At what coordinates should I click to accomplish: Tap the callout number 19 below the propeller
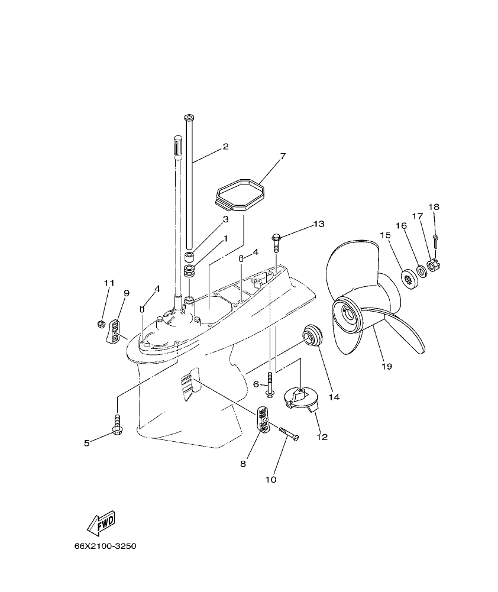pos(387,367)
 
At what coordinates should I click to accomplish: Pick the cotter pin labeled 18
pos(435,240)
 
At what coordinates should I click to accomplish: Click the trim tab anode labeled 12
pos(300,397)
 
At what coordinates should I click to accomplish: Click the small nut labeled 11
pos(101,324)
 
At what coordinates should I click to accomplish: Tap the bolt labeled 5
pos(117,423)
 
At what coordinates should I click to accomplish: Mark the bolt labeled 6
pos(270,386)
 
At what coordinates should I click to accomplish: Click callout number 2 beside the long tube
pos(225,146)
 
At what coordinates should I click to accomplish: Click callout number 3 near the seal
pos(225,219)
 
